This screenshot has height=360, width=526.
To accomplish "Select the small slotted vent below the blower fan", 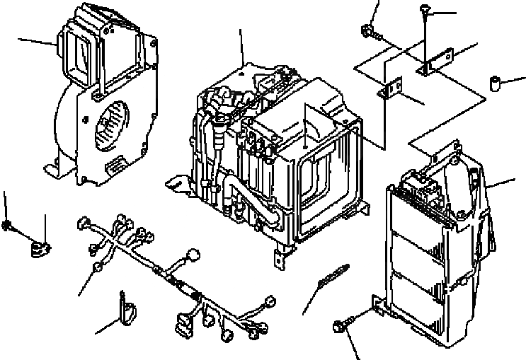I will click(113, 167).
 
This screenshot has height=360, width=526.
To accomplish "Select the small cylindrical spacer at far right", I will click(496, 85).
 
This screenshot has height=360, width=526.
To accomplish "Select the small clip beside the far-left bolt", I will click(38, 248).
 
